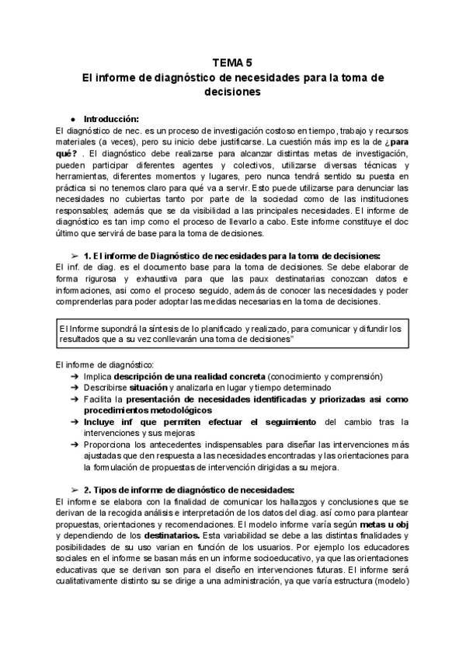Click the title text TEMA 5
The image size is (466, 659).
[x=232, y=64]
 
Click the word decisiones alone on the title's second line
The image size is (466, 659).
[x=232, y=91]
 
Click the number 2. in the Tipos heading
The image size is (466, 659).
[x=89, y=490]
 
